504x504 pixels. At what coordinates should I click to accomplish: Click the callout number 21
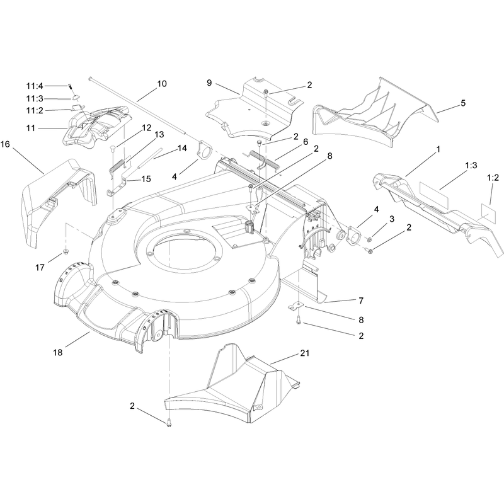click(x=304, y=353)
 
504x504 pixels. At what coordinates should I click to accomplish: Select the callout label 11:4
click(x=35, y=86)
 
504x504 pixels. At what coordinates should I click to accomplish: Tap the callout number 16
click(x=5, y=144)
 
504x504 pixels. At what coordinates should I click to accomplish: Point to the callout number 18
click(x=57, y=353)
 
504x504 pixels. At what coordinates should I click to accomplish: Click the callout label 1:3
click(x=471, y=166)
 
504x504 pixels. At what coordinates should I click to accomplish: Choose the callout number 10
click(x=162, y=84)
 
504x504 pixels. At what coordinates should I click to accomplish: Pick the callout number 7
click(x=361, y=301)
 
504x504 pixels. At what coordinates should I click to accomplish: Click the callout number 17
click(x=40, y=267)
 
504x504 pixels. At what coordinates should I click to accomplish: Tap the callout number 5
click(x=463, y=103)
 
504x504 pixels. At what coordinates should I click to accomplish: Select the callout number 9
click(x=209, y=83)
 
